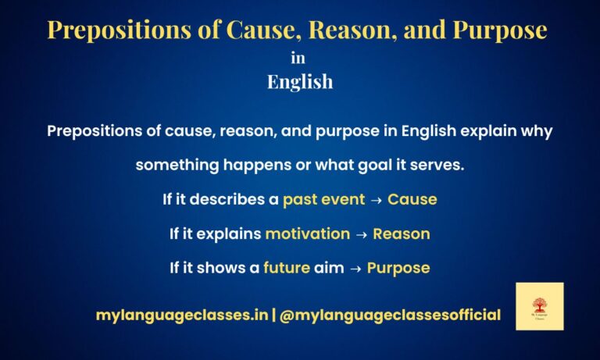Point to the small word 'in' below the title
(x=298, y=58)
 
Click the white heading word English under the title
(x=300, y=81)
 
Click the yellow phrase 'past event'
(x=323, y=199)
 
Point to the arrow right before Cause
(x=376, y=199)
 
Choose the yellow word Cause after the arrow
(x=412, y=199)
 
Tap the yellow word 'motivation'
(x=307, y=233)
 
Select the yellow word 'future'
(x=287, y=268)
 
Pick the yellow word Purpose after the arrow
(x=398, y=268)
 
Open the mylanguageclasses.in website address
(x=181, y=315)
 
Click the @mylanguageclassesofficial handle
(x=389, y=315)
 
